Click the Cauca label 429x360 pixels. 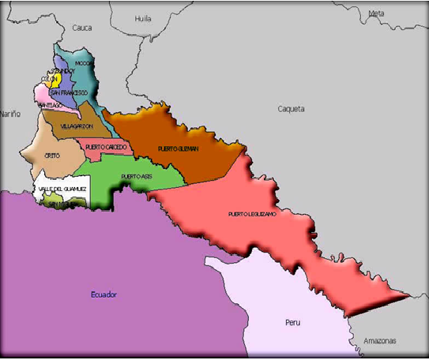coord(82,28)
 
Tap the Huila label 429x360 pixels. coord(143,17)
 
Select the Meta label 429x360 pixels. coord(376,13)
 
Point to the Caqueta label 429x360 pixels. coord(291,109)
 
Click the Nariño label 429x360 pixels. coord(9,114)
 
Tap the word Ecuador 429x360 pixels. coord(103,294)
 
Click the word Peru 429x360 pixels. coord(294,323)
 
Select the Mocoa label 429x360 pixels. coord(85,63)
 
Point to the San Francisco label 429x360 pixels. coord(69,93)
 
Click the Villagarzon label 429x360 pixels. coord(77,126)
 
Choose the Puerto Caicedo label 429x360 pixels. coord(106,147)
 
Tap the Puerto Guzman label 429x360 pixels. coord(178,148)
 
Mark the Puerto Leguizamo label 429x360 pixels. coord(252,214)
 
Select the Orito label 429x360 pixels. coord(52,156)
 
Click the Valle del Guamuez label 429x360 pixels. coord(62,189)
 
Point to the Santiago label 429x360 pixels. coord(50,105)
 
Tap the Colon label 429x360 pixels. coord(49,80)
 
